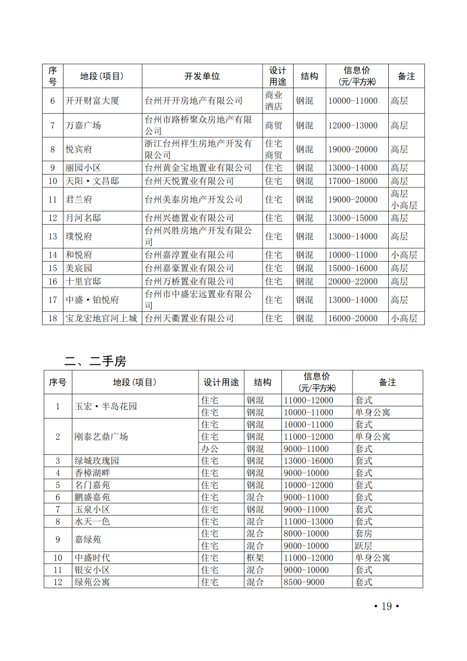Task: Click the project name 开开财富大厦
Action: coord(92,100)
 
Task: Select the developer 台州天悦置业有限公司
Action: coord(189,181)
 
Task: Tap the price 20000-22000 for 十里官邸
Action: coord(353,281)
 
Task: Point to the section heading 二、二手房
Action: coord(95,361)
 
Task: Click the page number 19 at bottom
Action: coord(385,606)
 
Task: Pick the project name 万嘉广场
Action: coord(83,126)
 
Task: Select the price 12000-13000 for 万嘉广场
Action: coord(353,126)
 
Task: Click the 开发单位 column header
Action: coord(202,76)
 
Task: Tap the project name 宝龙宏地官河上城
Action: coord(101,318)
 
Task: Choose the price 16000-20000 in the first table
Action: coord(353,318)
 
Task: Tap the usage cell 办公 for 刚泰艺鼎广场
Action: coord(209,449)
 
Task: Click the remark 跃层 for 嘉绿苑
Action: coord(363,546)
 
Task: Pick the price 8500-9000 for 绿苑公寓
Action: coord(304,582)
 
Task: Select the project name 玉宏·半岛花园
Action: coord(106,406)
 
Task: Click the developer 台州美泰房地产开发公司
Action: coord(194,200)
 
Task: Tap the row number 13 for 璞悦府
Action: coord(53,236)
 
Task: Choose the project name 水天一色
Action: coord(92,521)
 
